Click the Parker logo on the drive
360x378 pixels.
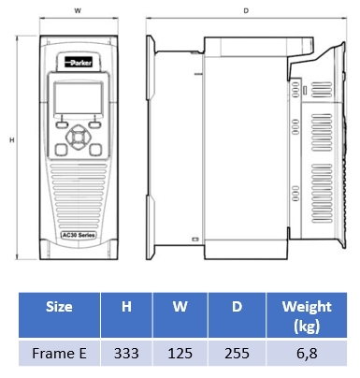79,63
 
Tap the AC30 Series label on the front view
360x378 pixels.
79,235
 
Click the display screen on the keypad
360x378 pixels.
79,98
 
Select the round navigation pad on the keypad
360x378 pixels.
79,137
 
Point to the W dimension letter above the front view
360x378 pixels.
78,10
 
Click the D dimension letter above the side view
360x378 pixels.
246,11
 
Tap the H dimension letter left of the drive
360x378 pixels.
12,140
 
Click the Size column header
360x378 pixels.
59,307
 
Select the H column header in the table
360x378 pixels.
126,307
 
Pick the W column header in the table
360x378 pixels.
180,307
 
